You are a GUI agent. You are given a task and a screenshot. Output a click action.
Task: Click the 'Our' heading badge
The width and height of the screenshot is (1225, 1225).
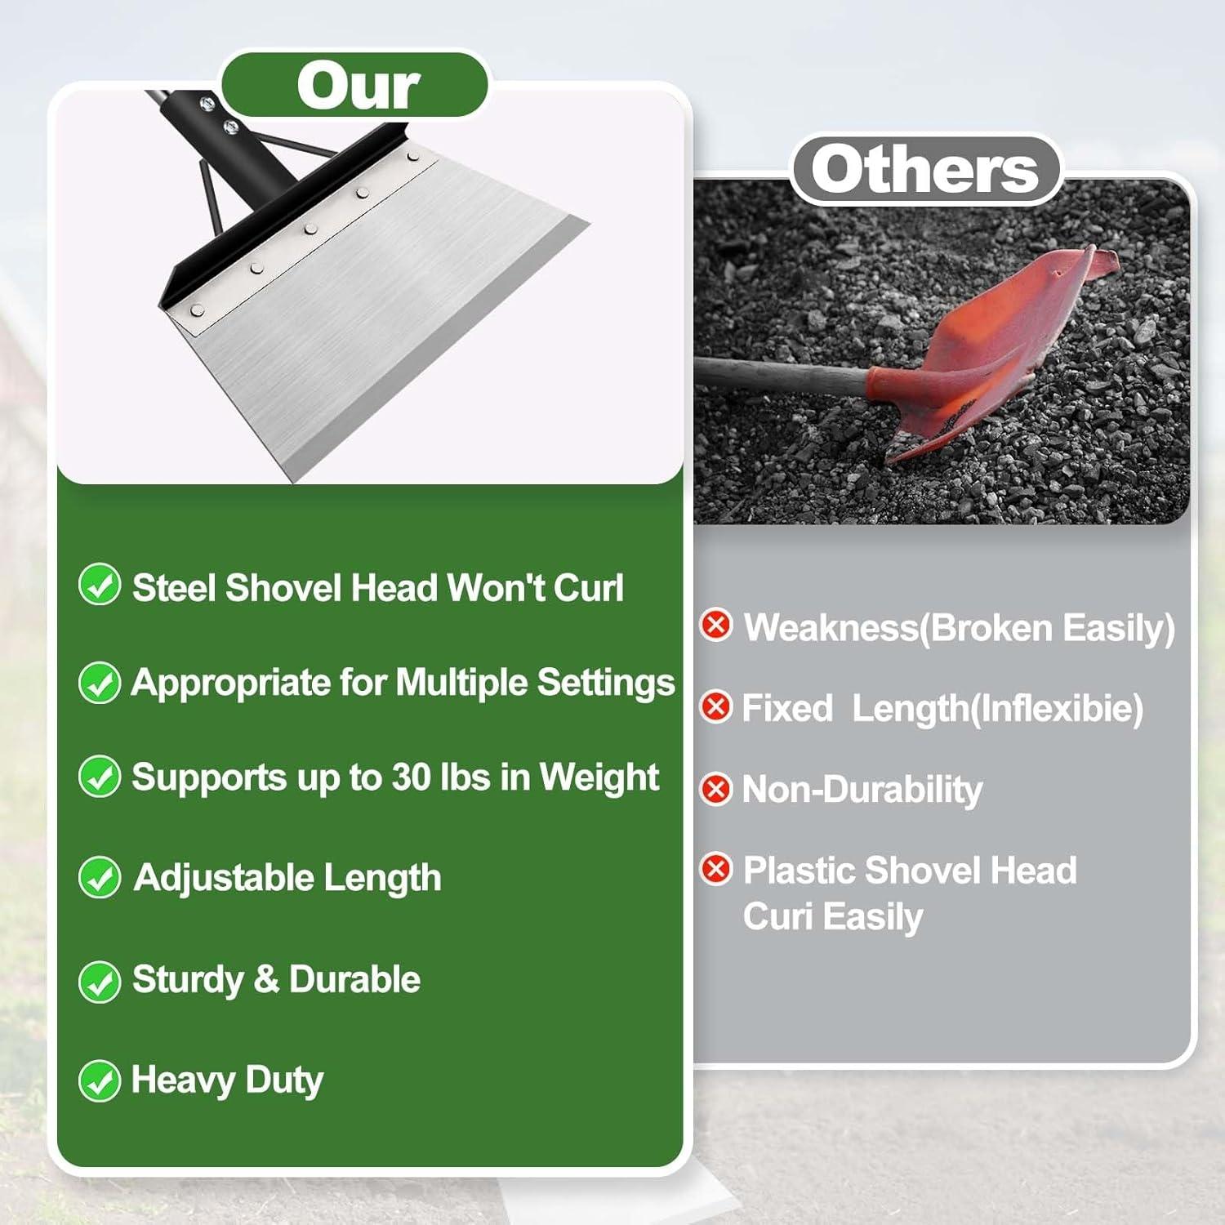click(356, 85)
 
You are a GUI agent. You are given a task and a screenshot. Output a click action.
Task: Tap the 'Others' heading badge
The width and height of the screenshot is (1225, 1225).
click(924, 169)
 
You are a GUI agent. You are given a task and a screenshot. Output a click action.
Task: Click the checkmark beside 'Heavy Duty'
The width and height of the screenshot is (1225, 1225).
click(100, 1080)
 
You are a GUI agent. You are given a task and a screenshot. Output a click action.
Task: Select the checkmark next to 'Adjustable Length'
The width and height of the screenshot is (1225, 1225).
click(100, 878)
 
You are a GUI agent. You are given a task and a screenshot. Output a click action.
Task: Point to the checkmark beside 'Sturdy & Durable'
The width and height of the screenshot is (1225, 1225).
click(100, 980)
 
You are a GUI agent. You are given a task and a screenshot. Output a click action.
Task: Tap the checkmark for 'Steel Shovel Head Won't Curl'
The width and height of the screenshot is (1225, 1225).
click(100, 585)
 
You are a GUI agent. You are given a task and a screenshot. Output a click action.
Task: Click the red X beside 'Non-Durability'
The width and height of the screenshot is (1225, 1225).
click(716, 789)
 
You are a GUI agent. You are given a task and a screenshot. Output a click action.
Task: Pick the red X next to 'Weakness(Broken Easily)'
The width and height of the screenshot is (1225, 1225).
click(716, 626)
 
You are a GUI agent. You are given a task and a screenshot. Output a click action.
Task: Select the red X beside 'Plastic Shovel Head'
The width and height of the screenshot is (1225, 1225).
click(716, 869)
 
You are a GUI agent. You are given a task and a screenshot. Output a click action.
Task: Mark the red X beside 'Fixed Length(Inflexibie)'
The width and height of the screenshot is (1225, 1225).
click(716, 706)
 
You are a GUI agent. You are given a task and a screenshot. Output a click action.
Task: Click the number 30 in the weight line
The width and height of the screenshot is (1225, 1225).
click(412, 777)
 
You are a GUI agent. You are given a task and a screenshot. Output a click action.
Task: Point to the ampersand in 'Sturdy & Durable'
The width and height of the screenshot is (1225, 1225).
click(266, 980)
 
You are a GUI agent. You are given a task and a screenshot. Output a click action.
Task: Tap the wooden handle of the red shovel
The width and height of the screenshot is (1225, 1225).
click(784, 376)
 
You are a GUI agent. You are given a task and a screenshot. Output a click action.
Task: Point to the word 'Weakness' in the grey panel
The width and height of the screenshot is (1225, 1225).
click(830, 628)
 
